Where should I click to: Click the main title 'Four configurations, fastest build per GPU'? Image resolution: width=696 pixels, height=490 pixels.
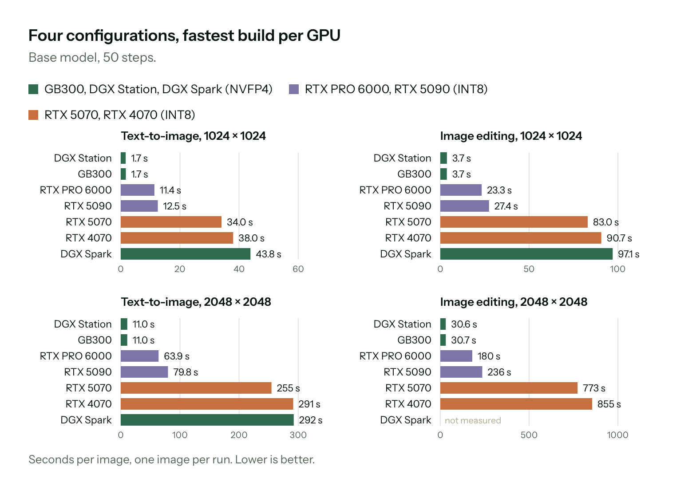[184, 36]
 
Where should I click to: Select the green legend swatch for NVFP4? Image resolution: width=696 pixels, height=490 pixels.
[33, 89]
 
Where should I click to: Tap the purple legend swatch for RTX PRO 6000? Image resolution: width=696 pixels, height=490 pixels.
[294, 89]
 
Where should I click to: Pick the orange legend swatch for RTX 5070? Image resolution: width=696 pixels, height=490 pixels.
[33, 115]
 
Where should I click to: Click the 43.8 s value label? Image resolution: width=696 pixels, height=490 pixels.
[269, 254]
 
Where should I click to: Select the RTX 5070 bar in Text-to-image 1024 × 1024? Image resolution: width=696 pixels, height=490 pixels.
[171, 222]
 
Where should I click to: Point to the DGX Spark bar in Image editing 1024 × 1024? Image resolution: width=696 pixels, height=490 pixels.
[526, 254]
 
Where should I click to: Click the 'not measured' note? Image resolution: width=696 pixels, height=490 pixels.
[473, 420]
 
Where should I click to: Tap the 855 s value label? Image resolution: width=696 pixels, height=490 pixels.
[609, 404]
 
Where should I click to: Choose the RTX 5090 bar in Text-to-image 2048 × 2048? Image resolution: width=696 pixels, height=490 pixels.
[144, 372]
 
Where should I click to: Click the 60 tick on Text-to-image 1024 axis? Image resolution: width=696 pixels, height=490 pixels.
[298, 269]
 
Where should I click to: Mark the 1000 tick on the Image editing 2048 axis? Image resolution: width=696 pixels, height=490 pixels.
[617, 435]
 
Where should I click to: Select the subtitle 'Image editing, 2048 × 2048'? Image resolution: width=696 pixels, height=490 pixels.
[514, 302]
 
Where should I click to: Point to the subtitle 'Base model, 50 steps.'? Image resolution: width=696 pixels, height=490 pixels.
[92, 58]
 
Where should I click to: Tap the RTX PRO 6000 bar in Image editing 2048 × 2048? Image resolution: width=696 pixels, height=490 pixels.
[456, 356]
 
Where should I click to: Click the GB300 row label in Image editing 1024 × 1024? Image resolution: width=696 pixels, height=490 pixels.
[414, 174]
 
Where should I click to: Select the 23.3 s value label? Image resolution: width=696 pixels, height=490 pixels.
[499, 190]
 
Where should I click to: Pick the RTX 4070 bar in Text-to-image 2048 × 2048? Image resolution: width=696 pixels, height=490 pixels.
[207, 404]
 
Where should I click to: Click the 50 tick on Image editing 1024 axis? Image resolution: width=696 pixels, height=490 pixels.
[529, 269]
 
